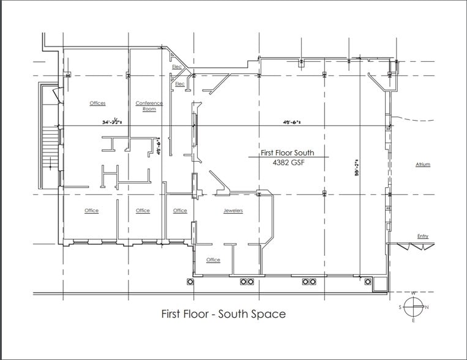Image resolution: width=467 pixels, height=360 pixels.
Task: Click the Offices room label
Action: [98, 103]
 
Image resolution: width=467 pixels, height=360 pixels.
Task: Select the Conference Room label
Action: [149, 106]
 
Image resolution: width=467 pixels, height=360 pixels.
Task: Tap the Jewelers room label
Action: [233, 211]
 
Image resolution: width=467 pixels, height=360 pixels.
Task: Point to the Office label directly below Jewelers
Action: [213, 260]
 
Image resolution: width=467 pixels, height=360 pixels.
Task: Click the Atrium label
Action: [423, 165]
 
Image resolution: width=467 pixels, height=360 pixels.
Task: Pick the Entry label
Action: [423, 236]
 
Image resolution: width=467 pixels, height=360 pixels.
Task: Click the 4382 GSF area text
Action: [288, 163]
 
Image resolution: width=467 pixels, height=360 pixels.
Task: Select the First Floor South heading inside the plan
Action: [288, 153]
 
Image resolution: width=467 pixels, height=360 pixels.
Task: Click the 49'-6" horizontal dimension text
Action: [292, 122]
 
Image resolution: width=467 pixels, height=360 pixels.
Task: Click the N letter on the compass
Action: [427, 307]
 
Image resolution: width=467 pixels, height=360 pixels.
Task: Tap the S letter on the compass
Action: [401, 307]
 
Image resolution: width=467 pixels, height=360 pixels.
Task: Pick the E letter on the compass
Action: [414, 320]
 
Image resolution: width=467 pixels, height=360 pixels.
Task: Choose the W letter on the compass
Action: [414, 293]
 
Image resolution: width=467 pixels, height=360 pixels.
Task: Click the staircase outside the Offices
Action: [49, 147]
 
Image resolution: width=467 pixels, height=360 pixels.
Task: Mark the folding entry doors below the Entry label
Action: [416, 246]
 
